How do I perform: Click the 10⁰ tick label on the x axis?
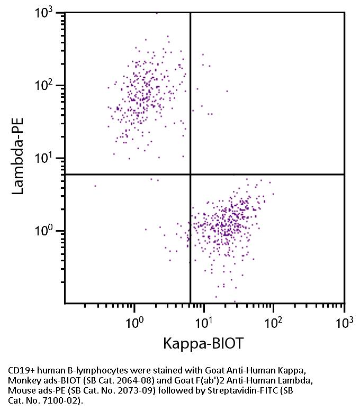(135, 322)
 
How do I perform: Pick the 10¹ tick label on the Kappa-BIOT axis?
(204, 322)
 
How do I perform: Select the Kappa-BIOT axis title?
(204, 344)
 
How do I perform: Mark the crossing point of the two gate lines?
(190, 174)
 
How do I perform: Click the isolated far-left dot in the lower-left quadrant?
(95, 186)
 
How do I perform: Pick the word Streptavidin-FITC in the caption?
(251, 390)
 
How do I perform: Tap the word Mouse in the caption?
(22, 390)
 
